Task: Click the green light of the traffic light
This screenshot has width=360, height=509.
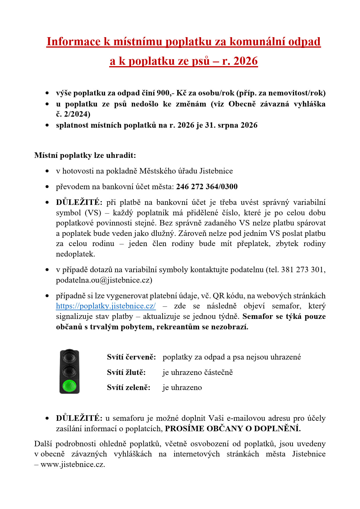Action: tap(69, 386)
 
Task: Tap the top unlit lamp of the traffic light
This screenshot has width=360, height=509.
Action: tap(69, 357)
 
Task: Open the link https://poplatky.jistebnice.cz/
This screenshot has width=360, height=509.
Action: tap(106, 306)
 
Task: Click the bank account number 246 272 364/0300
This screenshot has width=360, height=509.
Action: tap(207, 187)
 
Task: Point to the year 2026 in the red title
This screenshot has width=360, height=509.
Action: tap(245, 61)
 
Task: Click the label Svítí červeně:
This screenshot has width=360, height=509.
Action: tap(131, 357)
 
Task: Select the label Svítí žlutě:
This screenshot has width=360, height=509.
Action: tap(126, 372)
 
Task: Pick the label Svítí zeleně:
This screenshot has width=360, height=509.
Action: tap(129, 387)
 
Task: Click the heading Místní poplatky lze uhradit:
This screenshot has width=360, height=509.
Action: tap(85, 155)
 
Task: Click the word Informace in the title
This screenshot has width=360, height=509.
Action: tap(73, 41)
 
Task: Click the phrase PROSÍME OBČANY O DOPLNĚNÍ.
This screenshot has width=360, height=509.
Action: tap(233, 429)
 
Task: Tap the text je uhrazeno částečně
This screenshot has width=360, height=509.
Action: tap(197, 372)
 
